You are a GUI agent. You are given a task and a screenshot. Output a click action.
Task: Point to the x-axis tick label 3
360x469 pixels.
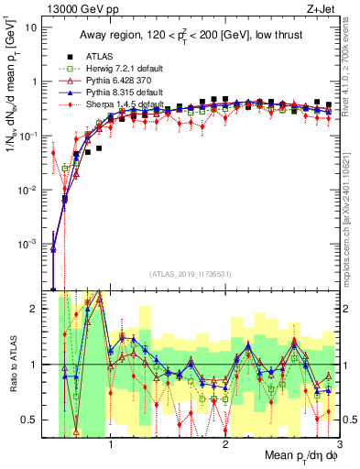pos(339,446)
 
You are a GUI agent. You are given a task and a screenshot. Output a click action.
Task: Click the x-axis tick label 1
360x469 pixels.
pos(111,446)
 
